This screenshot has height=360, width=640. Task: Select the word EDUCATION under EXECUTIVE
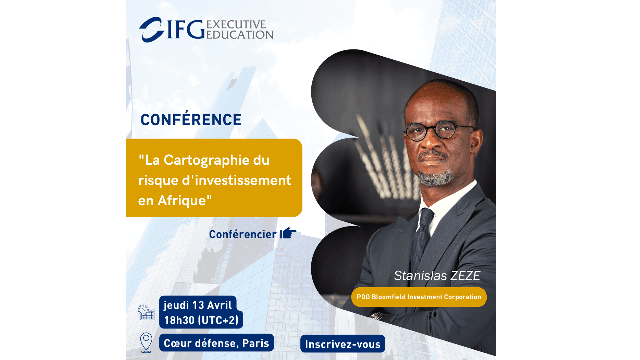[239, 34]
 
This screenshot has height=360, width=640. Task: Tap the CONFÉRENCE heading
[191, 119]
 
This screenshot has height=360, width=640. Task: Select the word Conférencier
[243, 234]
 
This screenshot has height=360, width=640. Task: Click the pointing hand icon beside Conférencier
[288, 234]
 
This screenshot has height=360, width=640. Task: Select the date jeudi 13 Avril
[201, 302]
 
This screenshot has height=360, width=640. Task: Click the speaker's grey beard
[436, 176]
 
